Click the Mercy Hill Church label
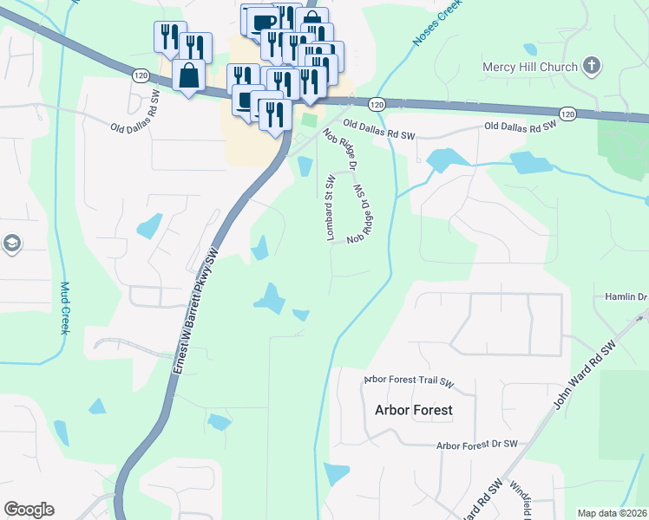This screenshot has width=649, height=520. tap(530, 67)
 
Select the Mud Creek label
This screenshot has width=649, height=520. tap(64, 309)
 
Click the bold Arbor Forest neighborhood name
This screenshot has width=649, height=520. tap(413, 410)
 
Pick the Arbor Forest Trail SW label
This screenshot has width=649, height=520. tap(409, 380)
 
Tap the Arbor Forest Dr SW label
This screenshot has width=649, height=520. tap(476, 445)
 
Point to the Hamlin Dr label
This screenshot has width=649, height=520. tap(630, 297)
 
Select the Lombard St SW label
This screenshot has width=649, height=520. tap(330, 207)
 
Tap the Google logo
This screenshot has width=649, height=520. tap(29, 510)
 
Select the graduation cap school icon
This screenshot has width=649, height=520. tap(11, 244)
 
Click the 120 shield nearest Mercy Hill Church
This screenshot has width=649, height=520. tap(567, 114)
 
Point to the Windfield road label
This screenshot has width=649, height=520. tap(520, 498)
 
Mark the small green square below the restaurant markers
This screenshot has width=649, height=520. tap(311, 120)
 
